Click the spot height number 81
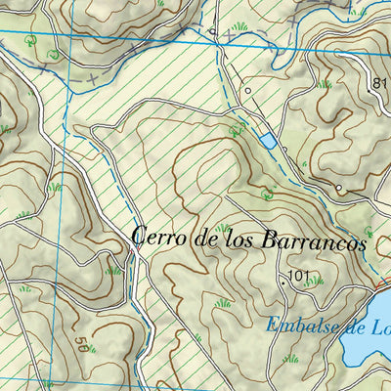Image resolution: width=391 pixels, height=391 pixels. pos(380,84)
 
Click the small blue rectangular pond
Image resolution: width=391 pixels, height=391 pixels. pos(267,142)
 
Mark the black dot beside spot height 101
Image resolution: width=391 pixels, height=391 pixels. pos(284,281)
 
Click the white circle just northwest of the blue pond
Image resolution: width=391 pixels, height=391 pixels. pos(248,91)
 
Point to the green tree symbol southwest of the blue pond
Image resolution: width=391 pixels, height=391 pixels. pos(234,129)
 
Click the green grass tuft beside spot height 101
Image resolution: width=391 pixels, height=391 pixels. pos(315,282)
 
